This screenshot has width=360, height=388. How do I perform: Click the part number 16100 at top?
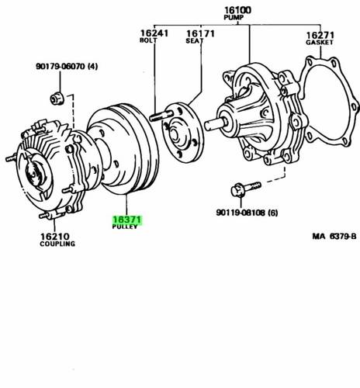click(x=237, y=10)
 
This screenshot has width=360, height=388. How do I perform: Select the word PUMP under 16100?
click(x=234, y=18)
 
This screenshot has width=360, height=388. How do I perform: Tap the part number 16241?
click(x=154, y=33)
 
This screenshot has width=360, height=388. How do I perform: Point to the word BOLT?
click(x=148, y=40)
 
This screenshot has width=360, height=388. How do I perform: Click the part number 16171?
click(x=200, y=34)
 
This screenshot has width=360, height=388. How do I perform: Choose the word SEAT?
click(x=195, y=41)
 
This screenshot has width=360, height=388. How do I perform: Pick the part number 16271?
click(x=320, y=35)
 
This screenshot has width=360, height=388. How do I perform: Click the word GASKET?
click(x=319, y=42)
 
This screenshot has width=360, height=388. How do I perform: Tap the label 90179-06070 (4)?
click(x=67, y=67)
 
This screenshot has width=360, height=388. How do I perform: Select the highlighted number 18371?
click(x=127, y=220)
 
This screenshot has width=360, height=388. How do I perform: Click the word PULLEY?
click(x=125, y=227)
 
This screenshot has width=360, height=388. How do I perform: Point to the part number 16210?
click(x=55, y=237)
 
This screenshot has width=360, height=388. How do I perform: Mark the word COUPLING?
click(x=57, y=244)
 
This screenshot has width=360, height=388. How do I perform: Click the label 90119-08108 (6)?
click(x=247, y=213)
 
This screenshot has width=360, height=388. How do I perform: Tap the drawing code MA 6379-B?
click(x=334, y=236)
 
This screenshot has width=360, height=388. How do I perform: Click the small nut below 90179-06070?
click(x=57, y=99)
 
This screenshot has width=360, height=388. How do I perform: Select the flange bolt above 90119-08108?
click(x=245, y=189)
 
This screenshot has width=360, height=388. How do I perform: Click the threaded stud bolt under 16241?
click(x=161, y=116)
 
